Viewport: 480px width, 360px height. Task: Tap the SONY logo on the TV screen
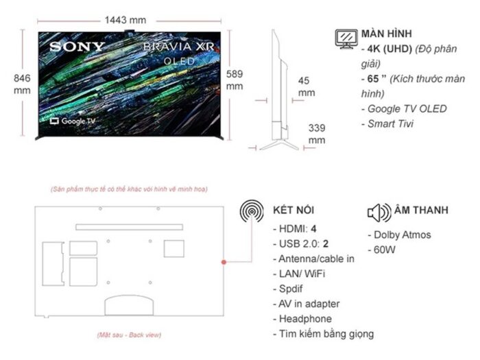[x=76, y=47]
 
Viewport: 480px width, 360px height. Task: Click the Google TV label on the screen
[x=73, y=121]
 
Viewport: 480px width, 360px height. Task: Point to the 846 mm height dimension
[x=22, y=84]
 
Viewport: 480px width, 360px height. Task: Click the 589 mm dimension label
[x=235, y=80]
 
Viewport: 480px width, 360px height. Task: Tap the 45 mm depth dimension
[x=305, y=86]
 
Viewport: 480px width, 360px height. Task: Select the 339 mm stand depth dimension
[x=317, y=134]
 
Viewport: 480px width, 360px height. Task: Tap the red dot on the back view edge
[x=224, y=262]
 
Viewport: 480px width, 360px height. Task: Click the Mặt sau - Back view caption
[x=128, y=335]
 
